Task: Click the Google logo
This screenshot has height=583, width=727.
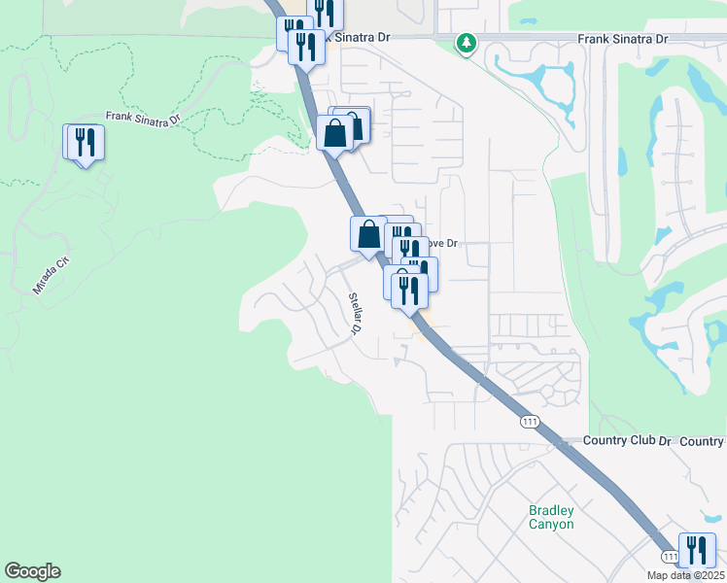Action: point(32,571)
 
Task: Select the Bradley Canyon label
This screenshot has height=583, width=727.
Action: point(551,517)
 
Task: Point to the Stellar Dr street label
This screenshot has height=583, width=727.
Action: point(356,313)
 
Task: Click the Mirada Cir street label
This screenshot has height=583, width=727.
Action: point(52,276)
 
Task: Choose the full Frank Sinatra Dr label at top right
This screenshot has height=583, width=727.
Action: point(623,39)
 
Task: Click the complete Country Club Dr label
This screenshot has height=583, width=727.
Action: point(627,440)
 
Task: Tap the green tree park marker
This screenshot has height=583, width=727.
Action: point(467,43)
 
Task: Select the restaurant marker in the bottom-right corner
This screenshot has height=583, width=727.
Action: point(697,550)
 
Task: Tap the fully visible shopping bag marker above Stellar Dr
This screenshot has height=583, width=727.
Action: point(368,234)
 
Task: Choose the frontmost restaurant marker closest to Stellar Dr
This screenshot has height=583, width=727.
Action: point(410,290)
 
